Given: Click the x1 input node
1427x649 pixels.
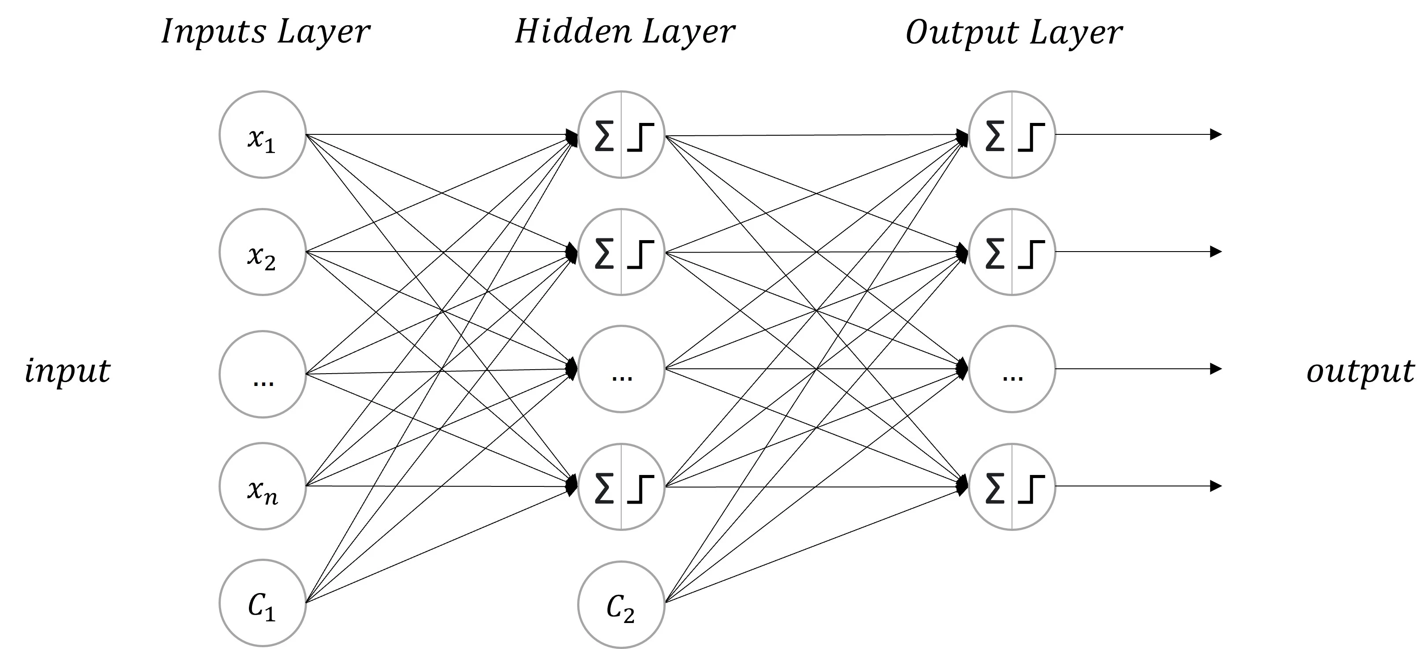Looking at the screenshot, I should [x=263, y=135].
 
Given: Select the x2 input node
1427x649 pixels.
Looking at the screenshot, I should [x=263, y=252].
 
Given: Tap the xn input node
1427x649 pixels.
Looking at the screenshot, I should [x=263, y=486].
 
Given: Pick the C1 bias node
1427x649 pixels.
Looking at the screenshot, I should [x=263, y=603].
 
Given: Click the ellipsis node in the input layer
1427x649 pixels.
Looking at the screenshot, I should [x=263, y=374].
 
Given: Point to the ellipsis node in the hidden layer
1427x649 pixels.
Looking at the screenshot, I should [x=621, y=369].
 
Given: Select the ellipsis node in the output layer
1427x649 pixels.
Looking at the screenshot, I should [x=1012, y=369].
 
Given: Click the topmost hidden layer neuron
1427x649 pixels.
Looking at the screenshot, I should [x=621, y=135].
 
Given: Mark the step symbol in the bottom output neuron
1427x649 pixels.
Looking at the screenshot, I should [x=1031, y=489].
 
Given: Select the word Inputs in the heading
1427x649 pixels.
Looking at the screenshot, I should [x=214, y=32].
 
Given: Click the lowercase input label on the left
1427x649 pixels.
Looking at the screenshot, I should [x=67, y=371].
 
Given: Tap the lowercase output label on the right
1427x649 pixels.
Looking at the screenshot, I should [x=1360, y=371].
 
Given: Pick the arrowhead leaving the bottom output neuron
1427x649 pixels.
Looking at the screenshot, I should [x=1216, y=486].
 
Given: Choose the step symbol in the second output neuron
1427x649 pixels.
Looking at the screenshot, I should [x=1031, y=254].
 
